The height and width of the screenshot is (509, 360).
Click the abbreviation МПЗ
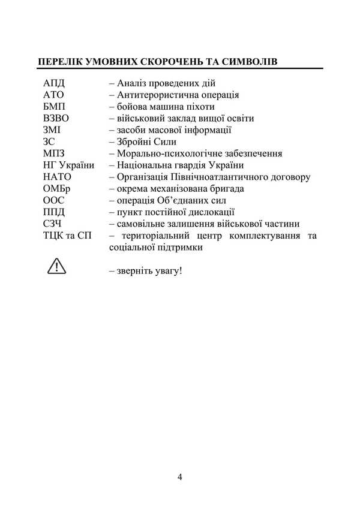[54, 153]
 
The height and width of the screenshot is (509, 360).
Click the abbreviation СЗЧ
[53, 224]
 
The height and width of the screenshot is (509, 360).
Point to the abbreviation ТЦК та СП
[68, 236]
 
